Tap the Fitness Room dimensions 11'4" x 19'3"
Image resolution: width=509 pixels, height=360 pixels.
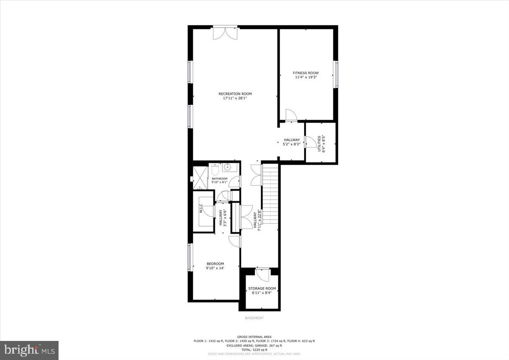[306, 78]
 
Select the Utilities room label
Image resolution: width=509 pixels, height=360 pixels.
[319, 143]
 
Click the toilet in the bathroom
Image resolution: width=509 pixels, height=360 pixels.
[215, 170]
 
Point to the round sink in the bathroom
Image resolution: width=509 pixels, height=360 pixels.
[227, 167]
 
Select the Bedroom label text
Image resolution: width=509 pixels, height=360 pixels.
[215, 264]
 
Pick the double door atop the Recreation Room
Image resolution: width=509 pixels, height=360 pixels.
[225, 33]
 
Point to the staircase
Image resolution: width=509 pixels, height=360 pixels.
[270, 195]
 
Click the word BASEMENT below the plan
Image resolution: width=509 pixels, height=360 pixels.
[254, 318]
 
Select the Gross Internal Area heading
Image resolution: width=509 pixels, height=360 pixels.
[254, 337]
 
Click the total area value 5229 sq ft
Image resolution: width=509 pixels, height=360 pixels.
[254, 350]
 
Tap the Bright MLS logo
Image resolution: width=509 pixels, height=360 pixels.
[29, 350]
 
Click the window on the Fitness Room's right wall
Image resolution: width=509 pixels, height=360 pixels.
[336, 75]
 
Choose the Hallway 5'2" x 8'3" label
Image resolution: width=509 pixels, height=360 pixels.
[292, 142]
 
